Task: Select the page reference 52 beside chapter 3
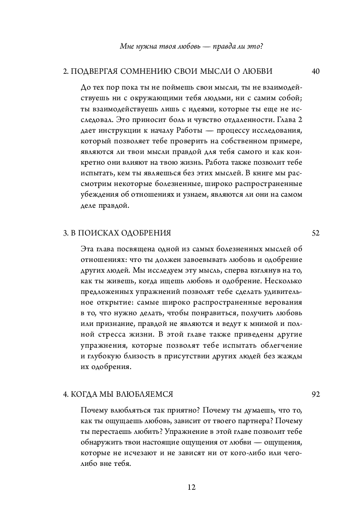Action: (x=316, y=233)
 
